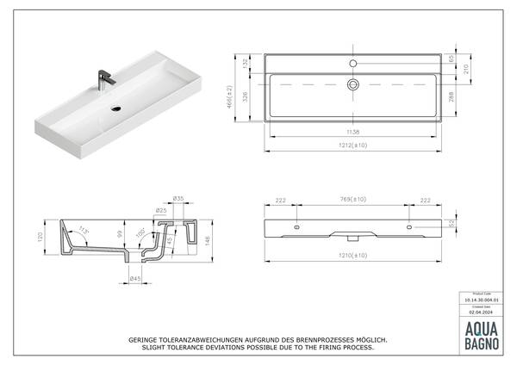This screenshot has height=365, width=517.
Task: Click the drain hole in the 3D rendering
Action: point(118,109)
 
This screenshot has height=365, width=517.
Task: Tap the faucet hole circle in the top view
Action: point(352,65)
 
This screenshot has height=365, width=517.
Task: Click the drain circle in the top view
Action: point(352,84)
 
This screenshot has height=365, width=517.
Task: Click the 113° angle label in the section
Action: point(84,229)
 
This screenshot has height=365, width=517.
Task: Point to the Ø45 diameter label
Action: point(136,278)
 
